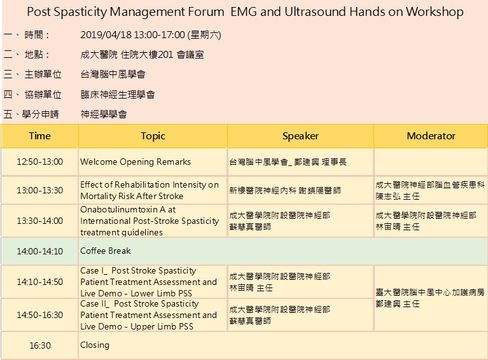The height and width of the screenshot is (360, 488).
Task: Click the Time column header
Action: pyautogui.click(x=39, y=136)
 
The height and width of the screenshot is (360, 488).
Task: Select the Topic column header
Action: pyautogui.click(x=153, y=136)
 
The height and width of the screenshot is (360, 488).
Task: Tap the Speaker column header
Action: pyautogui.click(x=300, y=136)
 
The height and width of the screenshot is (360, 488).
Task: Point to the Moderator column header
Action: pyautogui.click(x=431, y=136)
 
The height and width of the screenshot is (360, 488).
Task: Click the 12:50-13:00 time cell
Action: pyautogui.click(x=40, y=162)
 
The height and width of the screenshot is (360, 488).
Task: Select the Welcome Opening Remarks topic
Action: pyautogui.click(x=136, y=162)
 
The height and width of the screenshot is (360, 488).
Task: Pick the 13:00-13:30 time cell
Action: pyautogui.click(x=40, y=190)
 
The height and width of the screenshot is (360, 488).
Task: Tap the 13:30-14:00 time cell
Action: pyautogui.click(x=40, y=221)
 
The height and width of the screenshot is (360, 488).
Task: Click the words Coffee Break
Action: pyautogui.click(x=106, y=251)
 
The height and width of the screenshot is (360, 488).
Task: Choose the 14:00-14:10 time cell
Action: pyautogui.click(x=40, y=251)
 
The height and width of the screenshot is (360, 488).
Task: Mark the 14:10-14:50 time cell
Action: pyautogui.click(x=40, y=282)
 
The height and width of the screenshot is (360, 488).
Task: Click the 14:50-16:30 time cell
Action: pyautogui.click(x=40, y=315)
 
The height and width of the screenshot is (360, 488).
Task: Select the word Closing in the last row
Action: pyautogui.click(x=95, y=345)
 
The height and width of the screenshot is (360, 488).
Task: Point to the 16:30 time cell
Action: pyautogui.click(x=40, y=345)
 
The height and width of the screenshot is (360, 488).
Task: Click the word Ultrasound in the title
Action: pyautogui.click(x=315, y=12)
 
